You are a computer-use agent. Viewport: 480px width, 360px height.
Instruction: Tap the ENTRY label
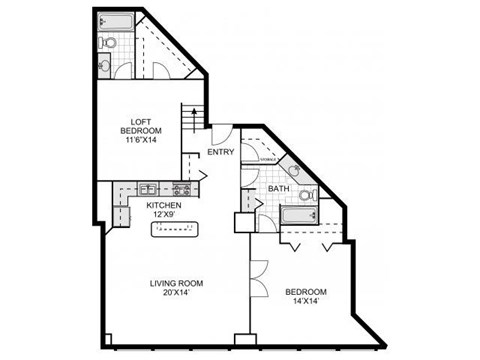pos(220,152)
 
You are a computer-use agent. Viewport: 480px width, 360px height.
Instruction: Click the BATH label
pos(279,188)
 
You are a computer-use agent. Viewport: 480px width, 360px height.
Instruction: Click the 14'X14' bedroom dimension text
pos(306,304)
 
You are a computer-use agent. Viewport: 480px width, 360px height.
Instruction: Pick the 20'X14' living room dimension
pos(178,294)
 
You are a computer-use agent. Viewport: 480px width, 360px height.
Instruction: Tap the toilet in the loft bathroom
pos(111,43)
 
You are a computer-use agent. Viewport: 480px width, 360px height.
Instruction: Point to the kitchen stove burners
pos(181,188)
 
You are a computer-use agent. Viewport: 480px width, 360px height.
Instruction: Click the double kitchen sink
pos(147,188)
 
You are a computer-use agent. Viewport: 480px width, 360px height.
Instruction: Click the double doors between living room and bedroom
pos(258,277)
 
